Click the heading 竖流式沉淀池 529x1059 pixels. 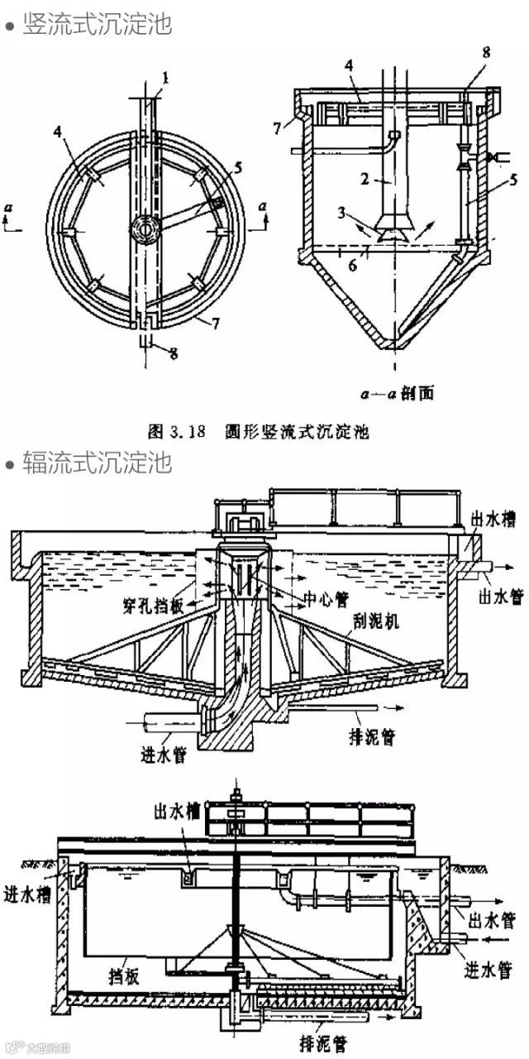tap(98, 24)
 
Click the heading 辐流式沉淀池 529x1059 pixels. tap(98, 462)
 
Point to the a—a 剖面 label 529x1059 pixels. tap(403, 391)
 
